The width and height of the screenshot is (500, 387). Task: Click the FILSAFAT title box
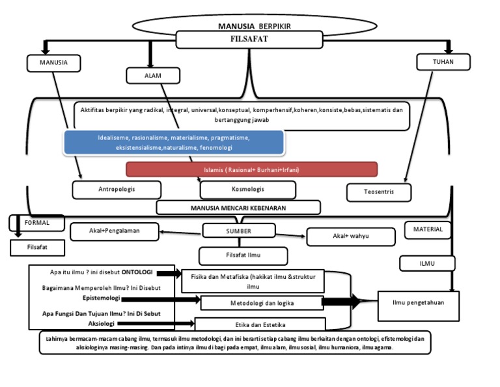(x=250, y=40)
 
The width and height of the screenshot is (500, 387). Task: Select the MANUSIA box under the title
(x=54, y=63)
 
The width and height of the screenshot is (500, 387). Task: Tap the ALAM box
(x=152, y=76)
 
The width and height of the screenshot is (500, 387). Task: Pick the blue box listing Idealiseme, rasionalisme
(x=174, y=143)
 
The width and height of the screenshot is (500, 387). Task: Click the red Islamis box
(x=251, y=169)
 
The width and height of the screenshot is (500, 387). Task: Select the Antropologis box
(x=117, y=190)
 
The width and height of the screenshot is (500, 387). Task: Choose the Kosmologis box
(x=247, y=190)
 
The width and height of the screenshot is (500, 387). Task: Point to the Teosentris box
(x=379, y=192)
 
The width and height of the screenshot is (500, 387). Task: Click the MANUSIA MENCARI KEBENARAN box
(x=238, y=207)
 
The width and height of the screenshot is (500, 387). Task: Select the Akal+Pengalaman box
(x=115, y=230)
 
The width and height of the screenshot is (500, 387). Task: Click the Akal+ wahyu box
(x=350, y=236)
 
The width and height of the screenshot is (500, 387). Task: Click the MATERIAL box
(x=428, y=229)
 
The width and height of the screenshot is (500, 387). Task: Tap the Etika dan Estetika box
(x=260, y=324)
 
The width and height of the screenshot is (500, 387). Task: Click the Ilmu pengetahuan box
(x=419, y=302)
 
